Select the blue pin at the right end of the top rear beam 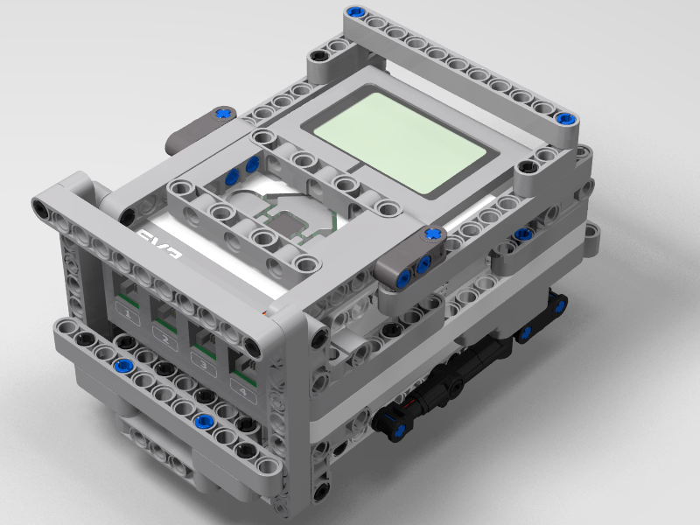563,119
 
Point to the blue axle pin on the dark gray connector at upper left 224,112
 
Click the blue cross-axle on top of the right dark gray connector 431,234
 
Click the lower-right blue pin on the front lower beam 203,421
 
